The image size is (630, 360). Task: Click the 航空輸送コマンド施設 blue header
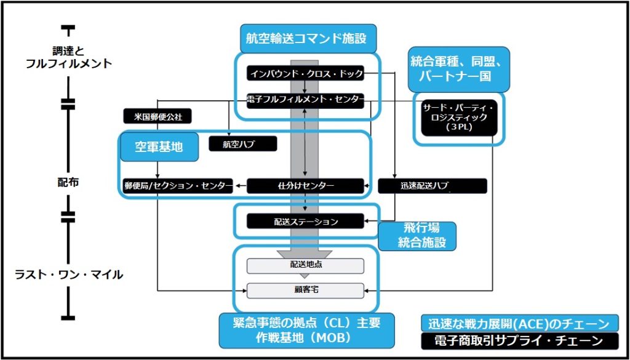(x=306, y=38)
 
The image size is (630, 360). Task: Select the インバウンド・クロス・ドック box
(x=306, y=74)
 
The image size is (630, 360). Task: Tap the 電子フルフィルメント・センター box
(x=306, y=101)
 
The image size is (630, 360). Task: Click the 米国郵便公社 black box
(x=157, y=116)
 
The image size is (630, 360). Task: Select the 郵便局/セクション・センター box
(x=177, y=185)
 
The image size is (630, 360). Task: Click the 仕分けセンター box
(x=305, y=185)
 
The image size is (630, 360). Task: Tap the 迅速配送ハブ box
(x=432, y=185)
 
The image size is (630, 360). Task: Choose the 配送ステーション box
(x=306, y=220)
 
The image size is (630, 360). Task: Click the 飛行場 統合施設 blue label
(x=417, y=236)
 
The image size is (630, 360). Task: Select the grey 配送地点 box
(x=306, y=265)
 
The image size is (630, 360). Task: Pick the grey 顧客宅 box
(x=306, y=289)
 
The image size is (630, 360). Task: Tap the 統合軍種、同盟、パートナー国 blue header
(x=459, y=70)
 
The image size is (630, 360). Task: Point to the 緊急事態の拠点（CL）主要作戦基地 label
(x=306, y=331)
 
